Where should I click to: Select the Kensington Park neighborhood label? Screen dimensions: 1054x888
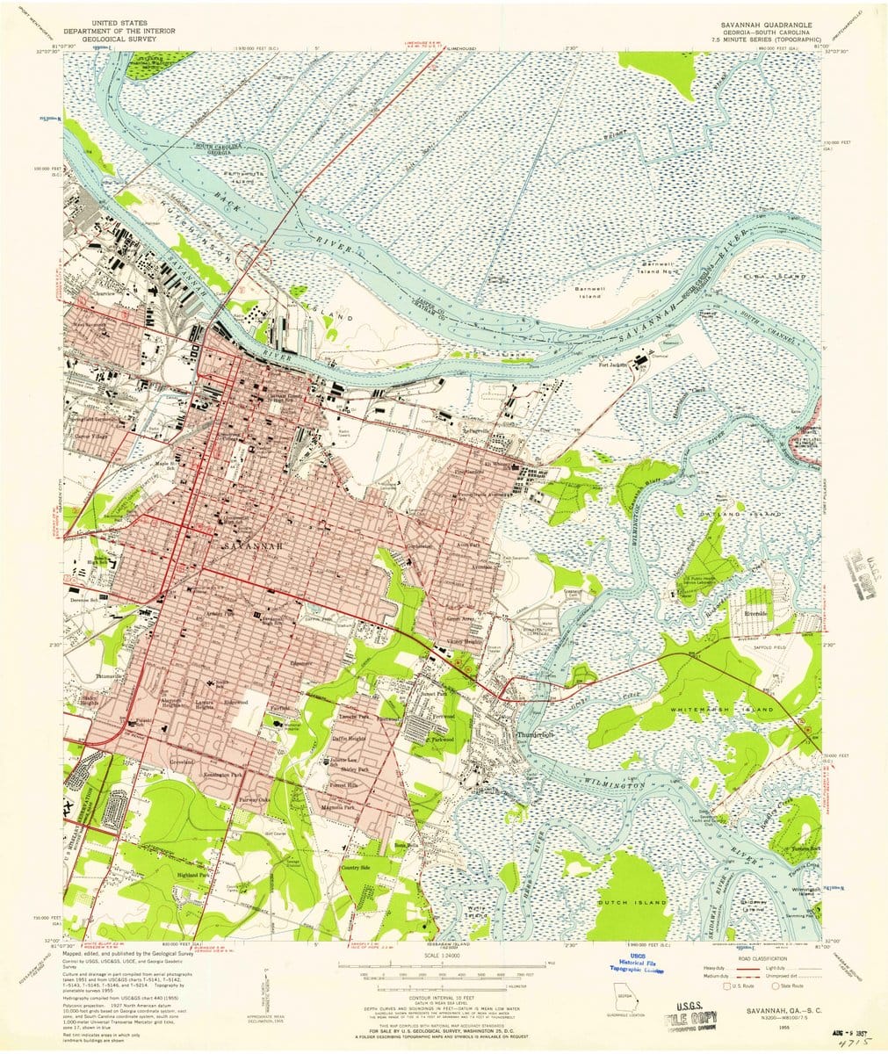click(237, 776)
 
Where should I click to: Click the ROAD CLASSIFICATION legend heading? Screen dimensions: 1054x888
click(762, 959)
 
